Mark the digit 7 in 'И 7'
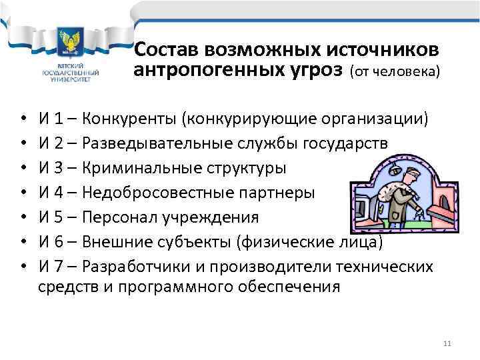[60, 266]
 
